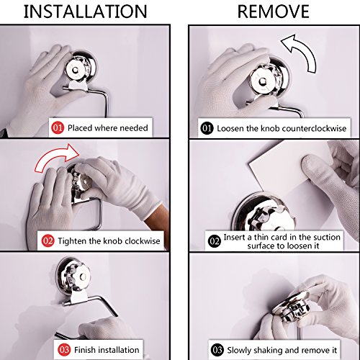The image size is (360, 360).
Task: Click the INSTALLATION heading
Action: click(x=85, y=12)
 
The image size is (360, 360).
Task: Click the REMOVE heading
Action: click(x=274, y=12)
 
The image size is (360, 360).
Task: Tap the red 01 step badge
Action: click(x=58, y=127)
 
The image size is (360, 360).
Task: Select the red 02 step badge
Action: click(x=48, y=240)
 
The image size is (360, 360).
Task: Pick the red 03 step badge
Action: click(x=64, y=350)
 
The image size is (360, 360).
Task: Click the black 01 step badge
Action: click(x=207, y=128)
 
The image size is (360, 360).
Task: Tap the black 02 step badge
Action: click(x=215, y=241)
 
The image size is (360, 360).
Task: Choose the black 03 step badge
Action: click(x=217, y=350)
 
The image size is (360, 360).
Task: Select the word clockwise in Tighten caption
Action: click(x=143, y=241)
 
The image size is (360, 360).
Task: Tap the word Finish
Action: click(x=85, y=350)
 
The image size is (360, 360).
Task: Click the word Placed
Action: click(x=80, y=128)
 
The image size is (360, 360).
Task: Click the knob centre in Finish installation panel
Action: click(x=83, y=276)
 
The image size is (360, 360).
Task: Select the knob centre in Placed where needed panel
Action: click(x=75, y=71)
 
